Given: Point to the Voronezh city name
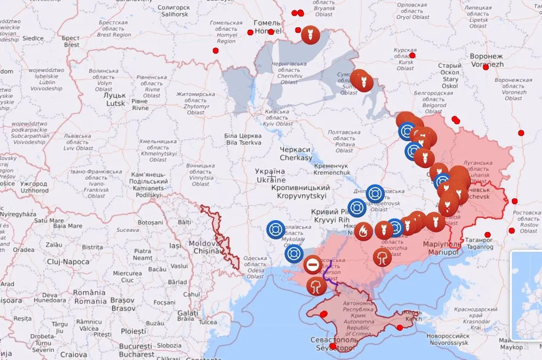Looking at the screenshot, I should [486, 60].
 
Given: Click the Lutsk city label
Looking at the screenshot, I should [115, 99].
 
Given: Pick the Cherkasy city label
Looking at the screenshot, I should [295, 153].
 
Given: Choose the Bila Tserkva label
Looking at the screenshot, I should [243, 139].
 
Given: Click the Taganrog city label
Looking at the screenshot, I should [480, 243].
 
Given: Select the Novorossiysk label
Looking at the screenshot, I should [448, 339].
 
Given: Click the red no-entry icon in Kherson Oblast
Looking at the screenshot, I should [313, 264].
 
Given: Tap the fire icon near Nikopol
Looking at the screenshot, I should [363, 231].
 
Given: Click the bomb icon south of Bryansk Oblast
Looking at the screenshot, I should [310, 35].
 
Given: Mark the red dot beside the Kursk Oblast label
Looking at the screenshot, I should [412, 56].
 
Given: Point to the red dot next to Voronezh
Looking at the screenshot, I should [485, 67].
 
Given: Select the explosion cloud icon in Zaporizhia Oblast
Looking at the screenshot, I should [382, 257].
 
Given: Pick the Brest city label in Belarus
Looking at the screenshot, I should [72, 41].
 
